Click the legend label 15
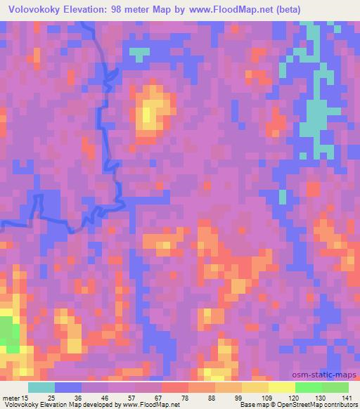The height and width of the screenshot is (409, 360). tap(25, 398)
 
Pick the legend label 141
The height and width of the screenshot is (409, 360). tap(347, 398)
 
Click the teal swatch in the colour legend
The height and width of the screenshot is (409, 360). tap(41, 387)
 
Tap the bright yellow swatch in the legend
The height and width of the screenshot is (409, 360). tap(282, 387)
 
